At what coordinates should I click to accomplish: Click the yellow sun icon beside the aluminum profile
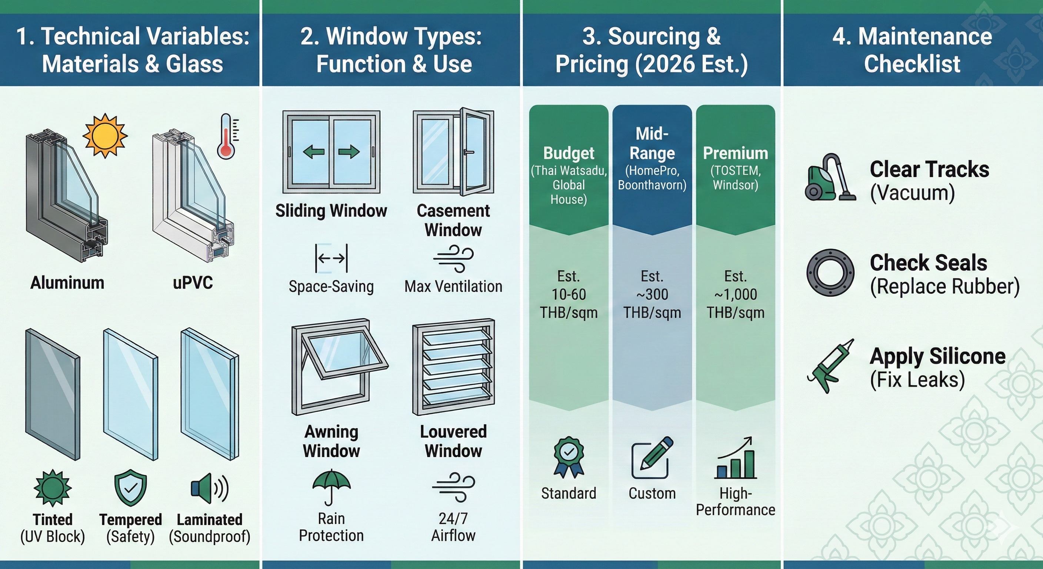point(105,135)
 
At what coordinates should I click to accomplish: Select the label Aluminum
point(67,283)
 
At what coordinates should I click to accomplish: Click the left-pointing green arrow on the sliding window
point(314,152)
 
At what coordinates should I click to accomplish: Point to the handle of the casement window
point(469,152)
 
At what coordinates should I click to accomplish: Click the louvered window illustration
point(453,366)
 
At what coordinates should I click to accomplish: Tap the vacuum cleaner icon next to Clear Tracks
point(830,178)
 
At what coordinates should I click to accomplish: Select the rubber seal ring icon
point(830,272)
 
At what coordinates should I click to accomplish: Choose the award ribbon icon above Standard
point(569,456)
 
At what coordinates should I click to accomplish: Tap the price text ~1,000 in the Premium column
point(736,295)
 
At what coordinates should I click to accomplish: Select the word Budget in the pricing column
point(569,153)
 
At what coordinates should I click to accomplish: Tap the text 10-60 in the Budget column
point(569,295)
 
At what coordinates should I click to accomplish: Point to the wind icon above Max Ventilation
point(453,258)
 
